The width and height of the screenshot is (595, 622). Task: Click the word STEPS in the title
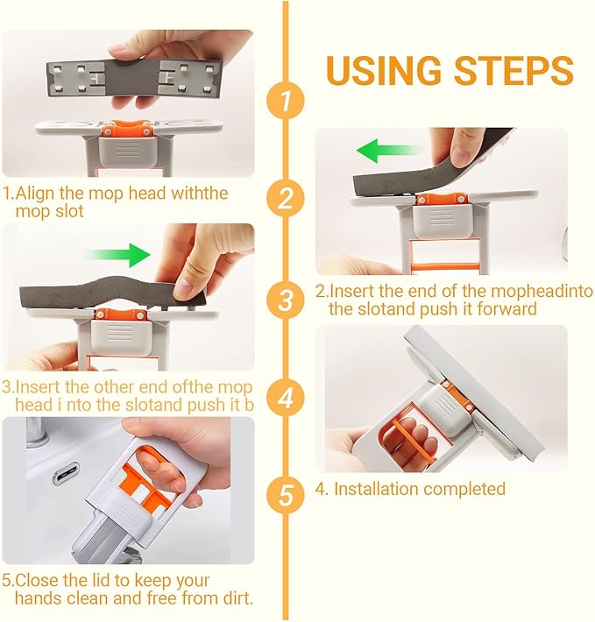tap(514, 69)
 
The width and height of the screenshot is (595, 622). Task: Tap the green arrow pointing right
tap(117, 256)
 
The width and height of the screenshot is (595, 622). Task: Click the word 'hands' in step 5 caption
tap(35, 599)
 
